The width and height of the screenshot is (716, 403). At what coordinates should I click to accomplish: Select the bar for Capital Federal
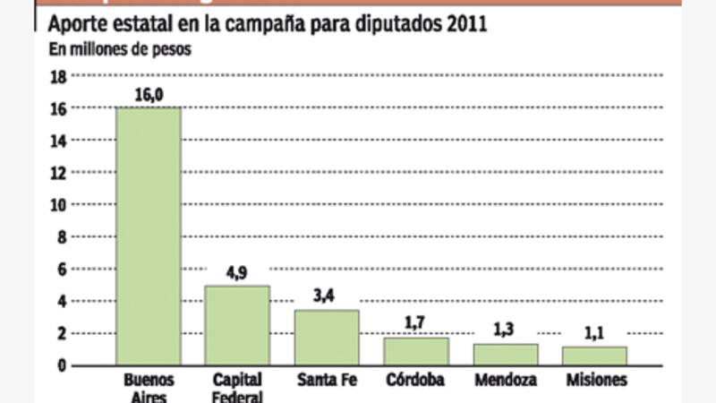tap(237, 325)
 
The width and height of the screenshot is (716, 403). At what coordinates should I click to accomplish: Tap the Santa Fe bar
tap(327, 338)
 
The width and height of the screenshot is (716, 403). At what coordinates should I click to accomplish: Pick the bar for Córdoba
tap(416, 351)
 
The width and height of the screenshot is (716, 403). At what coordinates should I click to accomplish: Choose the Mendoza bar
tap(506, 355)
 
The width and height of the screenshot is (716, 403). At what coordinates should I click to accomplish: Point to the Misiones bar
tap(595, 356)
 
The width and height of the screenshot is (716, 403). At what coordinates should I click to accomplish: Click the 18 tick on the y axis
tap(60, 77)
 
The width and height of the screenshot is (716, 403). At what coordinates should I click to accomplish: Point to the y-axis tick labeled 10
tap(60, 205)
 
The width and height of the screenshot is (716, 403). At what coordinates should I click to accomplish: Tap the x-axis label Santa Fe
tap(327, 381)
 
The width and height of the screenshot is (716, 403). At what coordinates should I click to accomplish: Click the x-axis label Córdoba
tap(416, 381)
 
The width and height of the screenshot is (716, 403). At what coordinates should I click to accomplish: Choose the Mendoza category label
tap(506, 381)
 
